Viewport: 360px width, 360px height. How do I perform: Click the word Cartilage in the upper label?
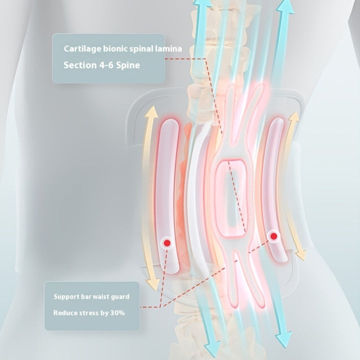[82, 49]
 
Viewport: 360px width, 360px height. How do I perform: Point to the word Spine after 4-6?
[127, 65]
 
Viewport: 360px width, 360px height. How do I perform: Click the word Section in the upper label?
[80, 65]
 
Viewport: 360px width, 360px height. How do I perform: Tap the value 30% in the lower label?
[117, 313]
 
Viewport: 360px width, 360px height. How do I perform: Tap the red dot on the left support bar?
[167, 243]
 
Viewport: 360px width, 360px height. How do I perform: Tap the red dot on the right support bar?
[273, 236]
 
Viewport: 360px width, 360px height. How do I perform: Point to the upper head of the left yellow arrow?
[152, 112]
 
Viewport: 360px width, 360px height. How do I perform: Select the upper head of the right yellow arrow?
[294, 116]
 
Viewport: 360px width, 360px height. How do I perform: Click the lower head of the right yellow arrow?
[301, 254]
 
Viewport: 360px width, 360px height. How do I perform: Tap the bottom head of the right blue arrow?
[283, 339]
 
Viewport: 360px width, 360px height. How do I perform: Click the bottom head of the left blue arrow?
[212, 350]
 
